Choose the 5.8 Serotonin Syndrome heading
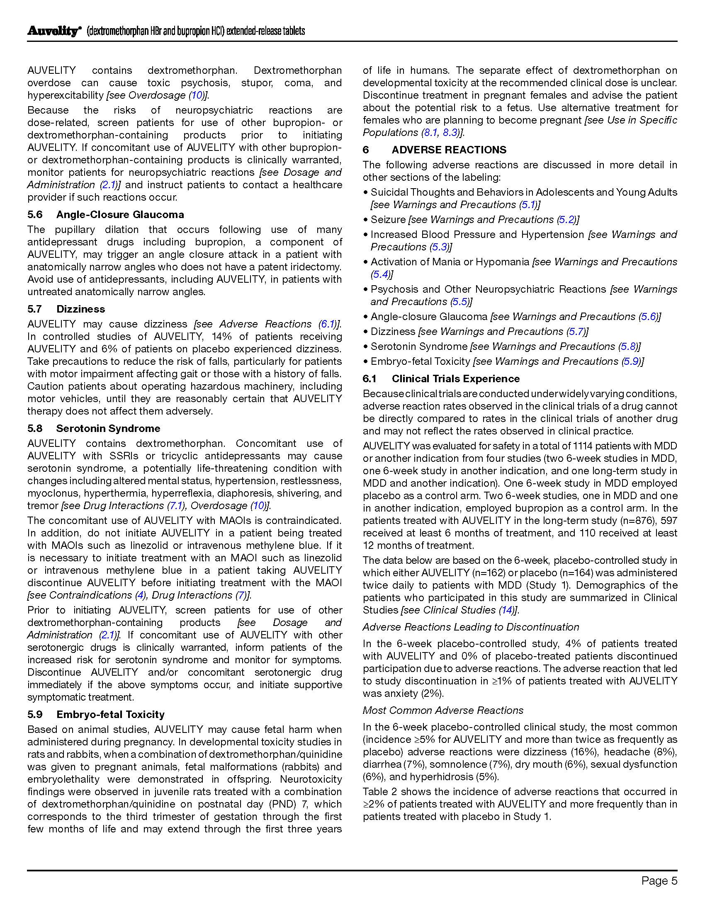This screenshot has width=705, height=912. coord(94,429)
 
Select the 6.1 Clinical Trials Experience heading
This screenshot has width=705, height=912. coord(441,379)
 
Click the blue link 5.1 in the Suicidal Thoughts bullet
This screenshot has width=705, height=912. coord(529,205)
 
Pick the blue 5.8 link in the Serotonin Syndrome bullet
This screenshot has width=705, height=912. coord(629,347)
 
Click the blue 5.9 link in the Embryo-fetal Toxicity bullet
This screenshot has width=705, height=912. coord(632,361)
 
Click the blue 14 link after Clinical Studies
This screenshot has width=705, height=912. coord(507,610)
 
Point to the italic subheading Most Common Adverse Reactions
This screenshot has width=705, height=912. coord(443,710)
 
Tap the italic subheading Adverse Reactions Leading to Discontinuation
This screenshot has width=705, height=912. coord(471,627)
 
